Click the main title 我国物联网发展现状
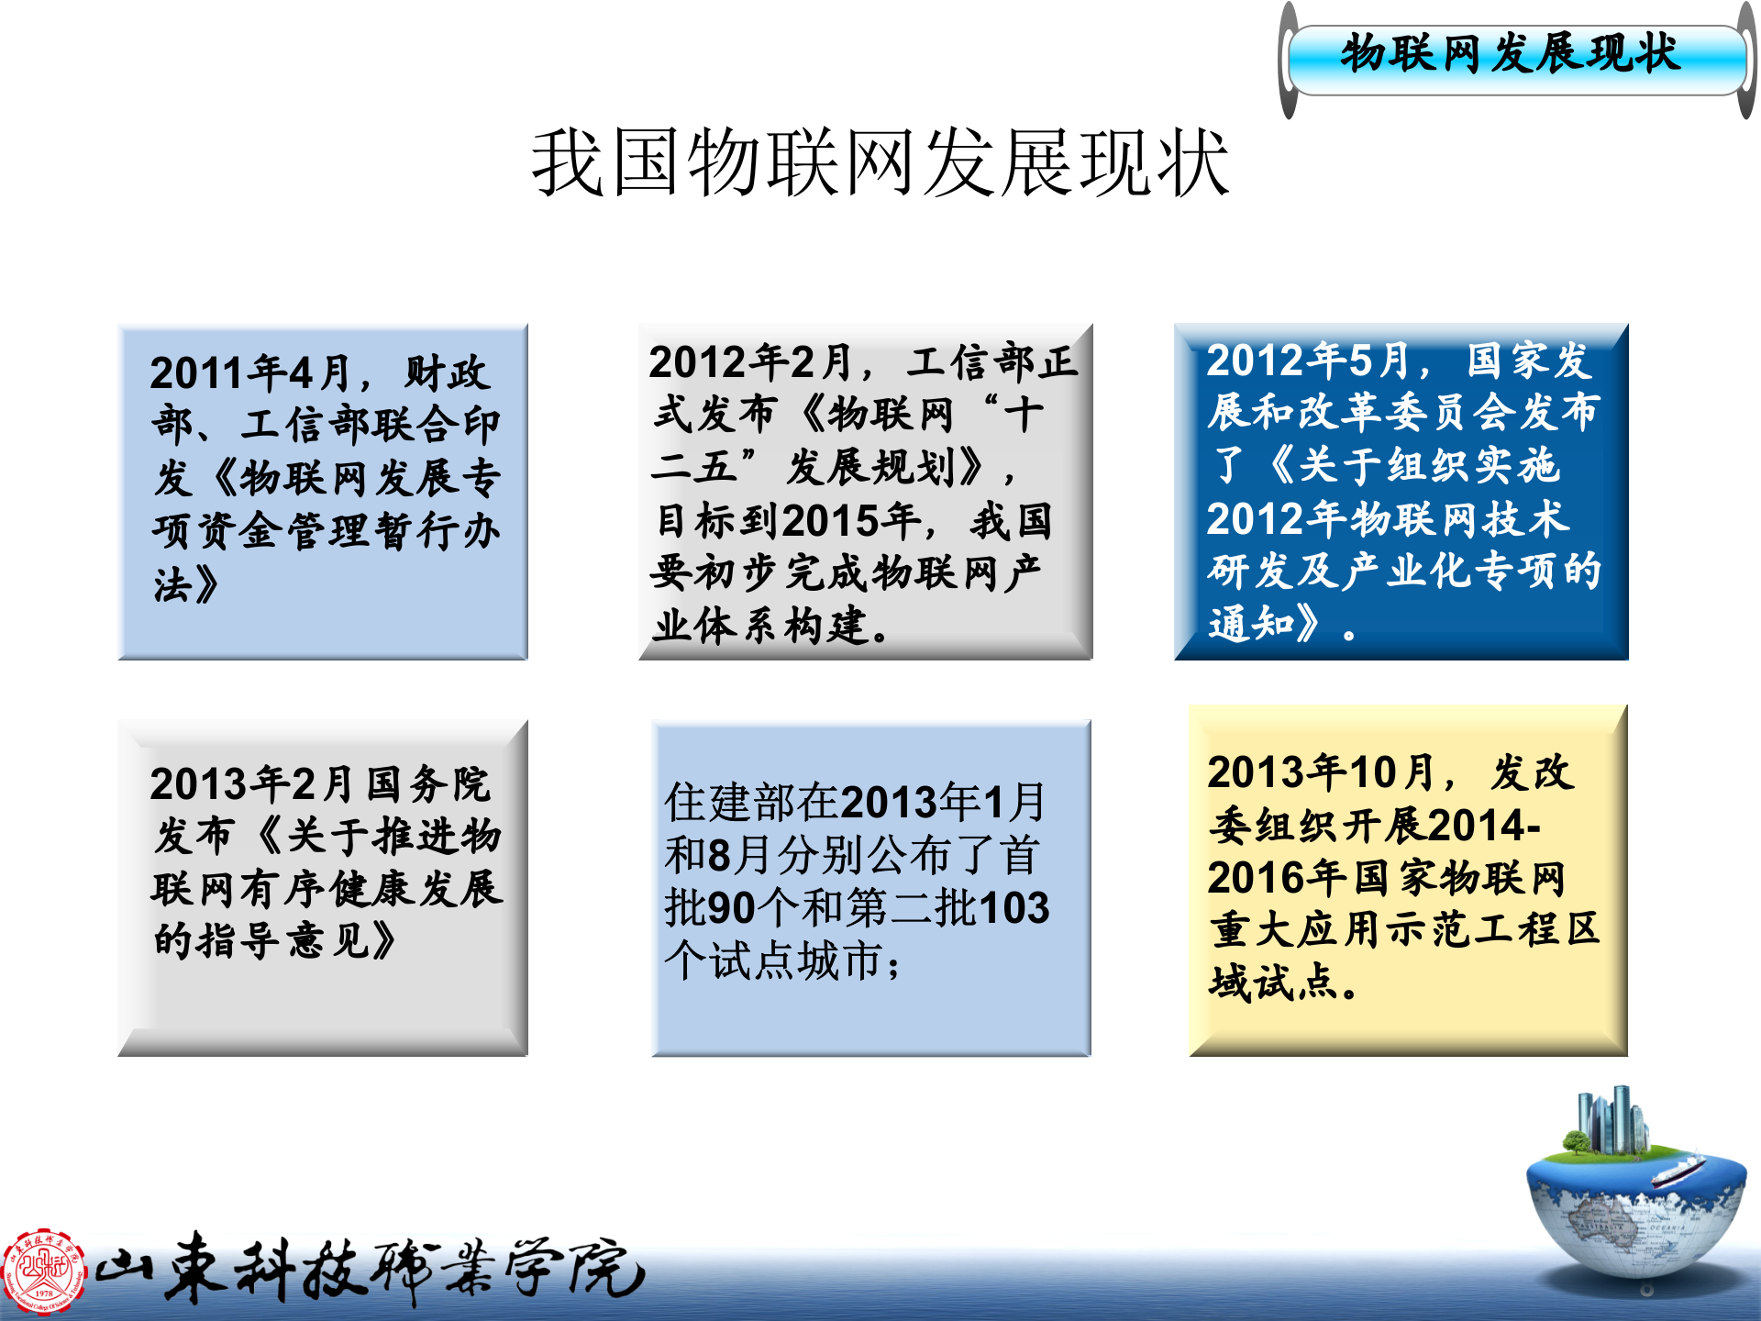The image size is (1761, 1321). [880, 163]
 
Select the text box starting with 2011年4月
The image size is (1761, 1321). [323, 492]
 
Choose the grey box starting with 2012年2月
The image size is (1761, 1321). [865, 492]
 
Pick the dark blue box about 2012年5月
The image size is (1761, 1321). [1401, 492]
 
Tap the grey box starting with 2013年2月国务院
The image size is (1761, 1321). [323, 888]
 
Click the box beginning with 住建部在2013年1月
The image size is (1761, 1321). [870, 888]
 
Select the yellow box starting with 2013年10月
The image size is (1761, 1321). [1408, 881]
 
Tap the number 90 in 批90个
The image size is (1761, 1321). [731, 908]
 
